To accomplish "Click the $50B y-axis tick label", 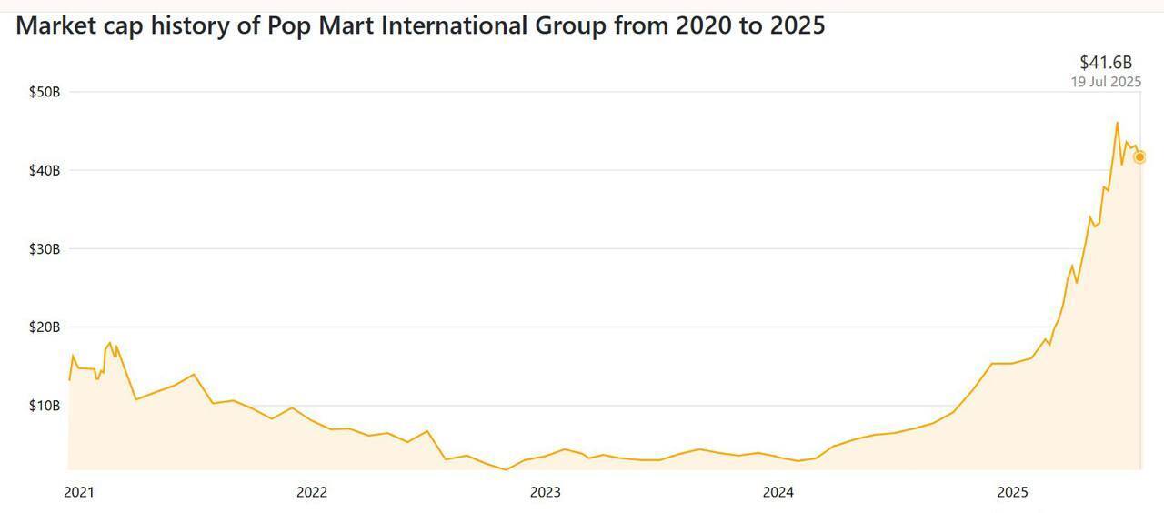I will click(44, 92).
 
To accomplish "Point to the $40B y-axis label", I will click(44, 170).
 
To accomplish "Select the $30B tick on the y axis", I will click(44, 248).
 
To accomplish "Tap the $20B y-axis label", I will click(44, 327).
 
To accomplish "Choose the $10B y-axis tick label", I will click(44, 405).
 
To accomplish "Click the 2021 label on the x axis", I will click(78, 492).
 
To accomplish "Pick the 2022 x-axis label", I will click(311, 492).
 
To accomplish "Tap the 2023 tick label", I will click(545, 492).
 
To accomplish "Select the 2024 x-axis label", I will click(778, 492).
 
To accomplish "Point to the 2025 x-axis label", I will click(1012, 492).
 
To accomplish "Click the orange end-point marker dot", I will click(1139, 157).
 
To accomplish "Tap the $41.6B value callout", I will click(1106, 62).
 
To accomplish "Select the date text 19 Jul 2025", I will click(1106, 81).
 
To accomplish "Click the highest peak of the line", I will click(1117, 123).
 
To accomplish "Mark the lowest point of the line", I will click(507, 469).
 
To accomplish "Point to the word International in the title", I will click(451, 25).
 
